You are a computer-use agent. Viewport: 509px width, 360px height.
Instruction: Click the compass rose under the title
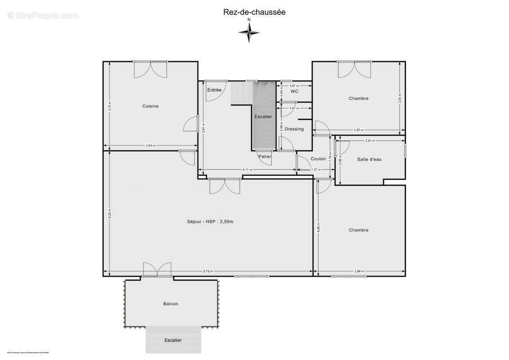coord(249,32)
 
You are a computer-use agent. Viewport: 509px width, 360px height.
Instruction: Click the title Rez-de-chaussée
coord(254,13)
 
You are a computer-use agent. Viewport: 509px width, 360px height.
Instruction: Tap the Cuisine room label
coord(150,106)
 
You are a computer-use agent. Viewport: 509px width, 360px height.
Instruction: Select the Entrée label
coord(214,90)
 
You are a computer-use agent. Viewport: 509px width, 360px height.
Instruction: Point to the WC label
coord(294,91)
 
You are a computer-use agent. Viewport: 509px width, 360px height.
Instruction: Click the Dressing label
coord(294,129)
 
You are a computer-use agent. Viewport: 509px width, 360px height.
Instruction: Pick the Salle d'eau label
coord(369,159)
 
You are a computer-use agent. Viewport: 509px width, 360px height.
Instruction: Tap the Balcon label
coord(171,304)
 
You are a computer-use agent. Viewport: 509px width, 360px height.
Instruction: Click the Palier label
coord(265,157)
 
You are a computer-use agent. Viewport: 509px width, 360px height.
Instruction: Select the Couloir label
coord(318,159)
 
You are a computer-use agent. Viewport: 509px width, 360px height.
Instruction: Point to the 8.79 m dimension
coord(208,271)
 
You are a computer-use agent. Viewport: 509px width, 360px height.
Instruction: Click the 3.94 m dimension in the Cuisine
coord(150,145)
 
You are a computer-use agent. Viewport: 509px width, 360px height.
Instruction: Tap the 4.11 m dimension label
coord(247,170)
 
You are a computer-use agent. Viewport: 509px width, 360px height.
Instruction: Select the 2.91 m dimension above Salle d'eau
coord(370,141)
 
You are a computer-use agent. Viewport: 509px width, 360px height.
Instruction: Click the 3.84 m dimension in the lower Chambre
coord(359,271)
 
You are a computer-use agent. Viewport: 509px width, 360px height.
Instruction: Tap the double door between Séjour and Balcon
coord(157,270)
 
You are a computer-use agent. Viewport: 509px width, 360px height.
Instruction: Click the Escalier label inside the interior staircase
coord(263,117)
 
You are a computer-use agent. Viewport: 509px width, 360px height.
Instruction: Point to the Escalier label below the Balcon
coord(173,340)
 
